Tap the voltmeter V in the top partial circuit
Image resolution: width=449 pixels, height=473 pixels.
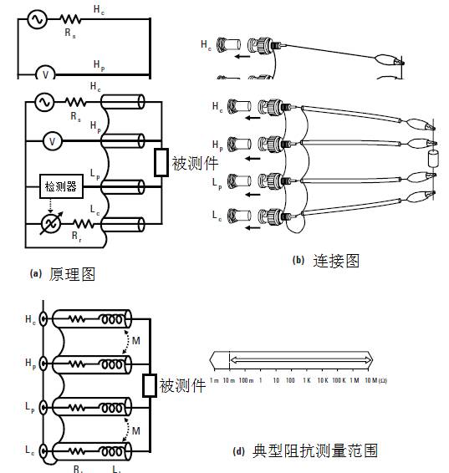(46, 74)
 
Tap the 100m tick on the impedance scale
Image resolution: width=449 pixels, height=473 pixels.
(245, 380)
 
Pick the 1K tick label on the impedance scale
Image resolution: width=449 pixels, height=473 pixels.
(307, 380)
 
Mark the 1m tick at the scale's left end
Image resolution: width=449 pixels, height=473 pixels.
(214, 380)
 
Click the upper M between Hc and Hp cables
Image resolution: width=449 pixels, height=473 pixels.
(135, 341)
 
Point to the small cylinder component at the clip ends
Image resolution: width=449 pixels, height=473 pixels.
(433, 160)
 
